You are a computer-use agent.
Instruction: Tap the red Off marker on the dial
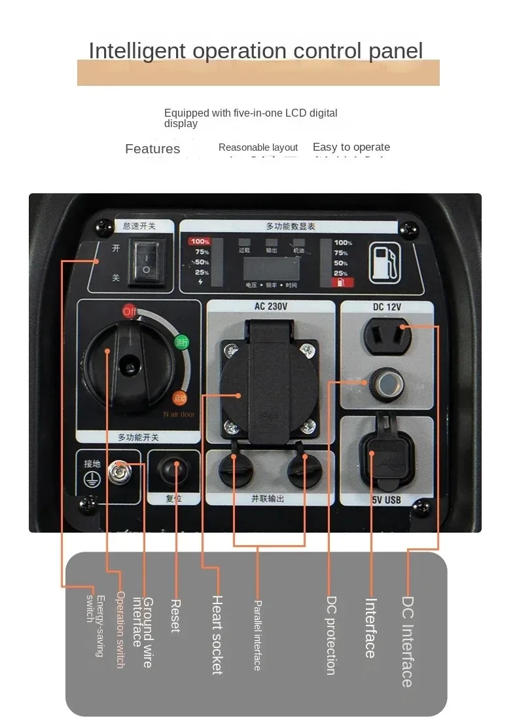130,311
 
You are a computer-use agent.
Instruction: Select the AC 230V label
271,306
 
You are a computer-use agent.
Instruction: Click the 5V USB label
387,501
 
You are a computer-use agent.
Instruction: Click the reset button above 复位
175,470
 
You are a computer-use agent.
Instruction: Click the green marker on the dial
181,341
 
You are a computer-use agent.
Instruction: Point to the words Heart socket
218,634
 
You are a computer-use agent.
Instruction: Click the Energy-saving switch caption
95,626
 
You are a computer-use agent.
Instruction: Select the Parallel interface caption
257,635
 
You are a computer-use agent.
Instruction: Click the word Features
152,149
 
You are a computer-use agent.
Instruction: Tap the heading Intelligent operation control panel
256,50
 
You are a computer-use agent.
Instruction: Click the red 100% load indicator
199,242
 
